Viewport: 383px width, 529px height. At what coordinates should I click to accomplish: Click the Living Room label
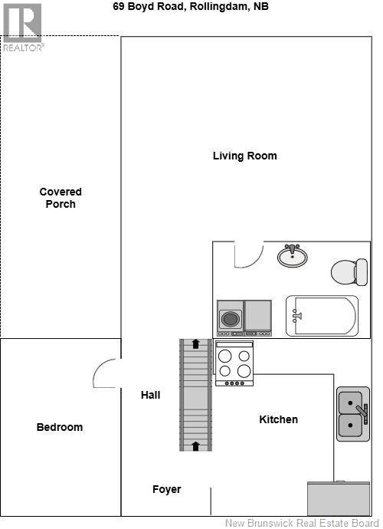[x=244, y=156]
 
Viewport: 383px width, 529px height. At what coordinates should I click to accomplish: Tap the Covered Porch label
[x=61, y=198]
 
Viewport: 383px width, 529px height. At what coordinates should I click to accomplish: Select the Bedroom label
[x=60, y=427]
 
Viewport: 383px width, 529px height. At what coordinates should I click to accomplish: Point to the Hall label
[x=150, y=395]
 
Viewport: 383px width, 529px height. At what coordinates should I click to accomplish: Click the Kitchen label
[x=278, y=419]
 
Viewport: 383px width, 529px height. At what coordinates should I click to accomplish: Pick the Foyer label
[x=166, y=489]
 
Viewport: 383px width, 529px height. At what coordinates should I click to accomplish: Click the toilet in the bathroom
[x=350, y=271]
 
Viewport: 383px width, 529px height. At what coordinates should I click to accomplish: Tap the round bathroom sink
[x=292, y=256]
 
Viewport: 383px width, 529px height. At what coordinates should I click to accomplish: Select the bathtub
[x=322, y=316]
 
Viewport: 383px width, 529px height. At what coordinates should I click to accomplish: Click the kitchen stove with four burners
[x=234, y=363]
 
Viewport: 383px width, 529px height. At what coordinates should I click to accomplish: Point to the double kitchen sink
[x=352, y=413]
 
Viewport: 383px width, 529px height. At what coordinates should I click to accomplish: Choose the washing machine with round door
[x=230, y=317]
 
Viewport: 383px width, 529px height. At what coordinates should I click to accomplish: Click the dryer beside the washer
[x=257, y=317]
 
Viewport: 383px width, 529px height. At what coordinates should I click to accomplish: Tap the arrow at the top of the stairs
[x=195, y=344]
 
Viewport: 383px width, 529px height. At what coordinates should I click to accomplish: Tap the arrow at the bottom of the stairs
[x=195, y=445]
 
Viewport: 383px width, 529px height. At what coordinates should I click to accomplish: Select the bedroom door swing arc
[x=106, y=374]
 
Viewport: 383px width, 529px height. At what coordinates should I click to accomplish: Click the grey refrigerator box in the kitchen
[x=338, y=498]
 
